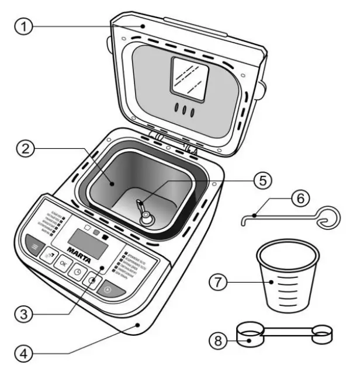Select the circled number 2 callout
coord(23,151)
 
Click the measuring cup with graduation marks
coord(288,277)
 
